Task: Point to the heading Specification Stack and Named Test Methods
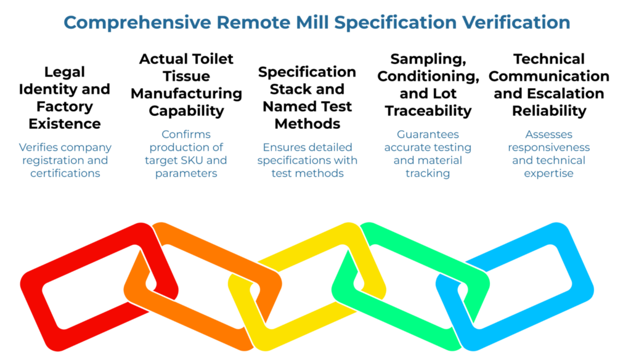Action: (307, 97)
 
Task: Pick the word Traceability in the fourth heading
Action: (428, 111)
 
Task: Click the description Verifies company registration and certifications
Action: (65, 160)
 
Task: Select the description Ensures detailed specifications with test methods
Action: (307, 160)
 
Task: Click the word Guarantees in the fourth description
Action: (428, 134)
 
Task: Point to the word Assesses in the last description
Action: (548, 134)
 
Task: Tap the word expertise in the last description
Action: (548, 173)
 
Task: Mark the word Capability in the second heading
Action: (186, 111)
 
